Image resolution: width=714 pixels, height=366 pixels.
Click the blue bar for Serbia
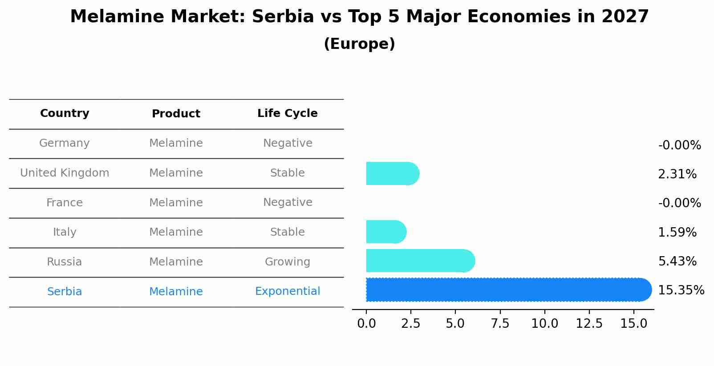pyautogui.click(x=507, y=290)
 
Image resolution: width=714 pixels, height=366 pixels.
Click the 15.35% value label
pyautogui.click(x=681, y=290)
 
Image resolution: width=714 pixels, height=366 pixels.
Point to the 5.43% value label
pyautogui.click(x=677, y=261)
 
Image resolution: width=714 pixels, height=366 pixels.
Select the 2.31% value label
pyautogui.click(x=677, y=174)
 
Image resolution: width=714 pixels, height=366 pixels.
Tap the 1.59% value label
pyautogui.click(x=677, y=233)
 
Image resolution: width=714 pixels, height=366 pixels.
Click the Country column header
pyautogui.click(x=65, y=113)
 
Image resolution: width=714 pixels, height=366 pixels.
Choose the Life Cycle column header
pyautogui.click(x=287, y=113)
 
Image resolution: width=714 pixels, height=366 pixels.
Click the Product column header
pyautogui.click(x=176, y=114)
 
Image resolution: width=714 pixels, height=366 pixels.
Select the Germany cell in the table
pyautogui.click(x=65, y=143)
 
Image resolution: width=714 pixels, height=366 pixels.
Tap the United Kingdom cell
pyautogui.click(x=65, y=173)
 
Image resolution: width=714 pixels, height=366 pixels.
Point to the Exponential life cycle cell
pyautogui.click(x=287, y=291)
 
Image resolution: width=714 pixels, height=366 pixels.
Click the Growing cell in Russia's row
pyautogui.click(x=287, y=262)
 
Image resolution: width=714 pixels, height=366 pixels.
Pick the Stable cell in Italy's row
pyautogui.click(x=287, y=232)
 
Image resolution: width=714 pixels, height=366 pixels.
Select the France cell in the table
pyautogui.click(x=65, y=203)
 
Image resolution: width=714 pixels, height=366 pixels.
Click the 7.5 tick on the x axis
pyautogui.click(x=500, y=324)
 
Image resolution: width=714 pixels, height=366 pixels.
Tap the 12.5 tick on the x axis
pyautogui.click(x=589, y=324)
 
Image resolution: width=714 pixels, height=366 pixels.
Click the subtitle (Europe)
pyautogui.click(x=359, y=44)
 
